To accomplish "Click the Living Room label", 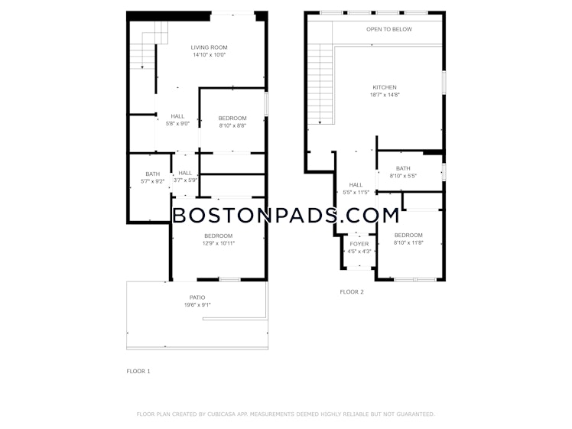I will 209,47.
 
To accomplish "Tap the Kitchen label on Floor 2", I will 385,86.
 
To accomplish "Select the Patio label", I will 197,297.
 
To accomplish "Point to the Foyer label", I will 359,244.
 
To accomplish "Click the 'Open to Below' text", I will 388,30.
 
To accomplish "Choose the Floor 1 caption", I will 138,371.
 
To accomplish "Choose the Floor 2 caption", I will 352,291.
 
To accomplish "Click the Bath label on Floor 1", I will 153,174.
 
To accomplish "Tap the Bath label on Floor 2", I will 403,168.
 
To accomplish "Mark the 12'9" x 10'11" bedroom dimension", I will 219,243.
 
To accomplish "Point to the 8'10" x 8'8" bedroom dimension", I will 232,125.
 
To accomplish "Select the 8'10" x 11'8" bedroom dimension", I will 408,242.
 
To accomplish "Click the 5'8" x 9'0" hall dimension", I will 177,124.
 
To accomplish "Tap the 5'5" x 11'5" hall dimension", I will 356,192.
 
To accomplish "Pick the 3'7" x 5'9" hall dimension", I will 186,180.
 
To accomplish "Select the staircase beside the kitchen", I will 321,84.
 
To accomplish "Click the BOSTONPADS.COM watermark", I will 285,215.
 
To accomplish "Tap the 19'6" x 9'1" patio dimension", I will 197,305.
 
